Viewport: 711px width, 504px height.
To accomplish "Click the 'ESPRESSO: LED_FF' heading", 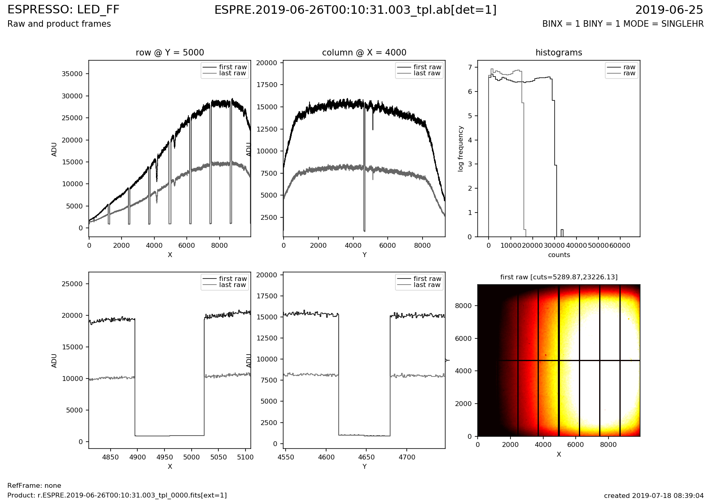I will [x=63, y=10].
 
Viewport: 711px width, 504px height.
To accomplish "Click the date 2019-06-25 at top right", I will [x=669, y=10].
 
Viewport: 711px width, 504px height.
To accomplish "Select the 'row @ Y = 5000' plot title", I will [x=170, y=53].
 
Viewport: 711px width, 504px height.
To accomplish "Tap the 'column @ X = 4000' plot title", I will [x=364, y=53].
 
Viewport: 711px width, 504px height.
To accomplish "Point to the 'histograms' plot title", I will [x=559, y=53].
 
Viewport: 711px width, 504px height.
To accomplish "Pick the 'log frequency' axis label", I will [x=461, y=149].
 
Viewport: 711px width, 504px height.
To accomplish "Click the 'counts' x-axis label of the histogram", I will [x=559, y=255].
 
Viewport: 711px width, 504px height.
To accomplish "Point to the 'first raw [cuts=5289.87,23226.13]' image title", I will [x=559, y=277].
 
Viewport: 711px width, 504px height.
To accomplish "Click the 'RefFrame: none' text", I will [x=34, y=486].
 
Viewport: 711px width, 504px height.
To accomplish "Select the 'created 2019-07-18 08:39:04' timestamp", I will [x=653, y=495].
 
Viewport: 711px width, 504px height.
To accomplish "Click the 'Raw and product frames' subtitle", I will [x=59, y=24].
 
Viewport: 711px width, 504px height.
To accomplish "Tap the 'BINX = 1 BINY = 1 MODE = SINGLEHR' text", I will [x=623, y=24].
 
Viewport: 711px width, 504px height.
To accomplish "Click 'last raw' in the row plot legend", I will [x=233, y=73].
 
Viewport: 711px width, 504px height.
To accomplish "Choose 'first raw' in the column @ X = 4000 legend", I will [x=427, y=67].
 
